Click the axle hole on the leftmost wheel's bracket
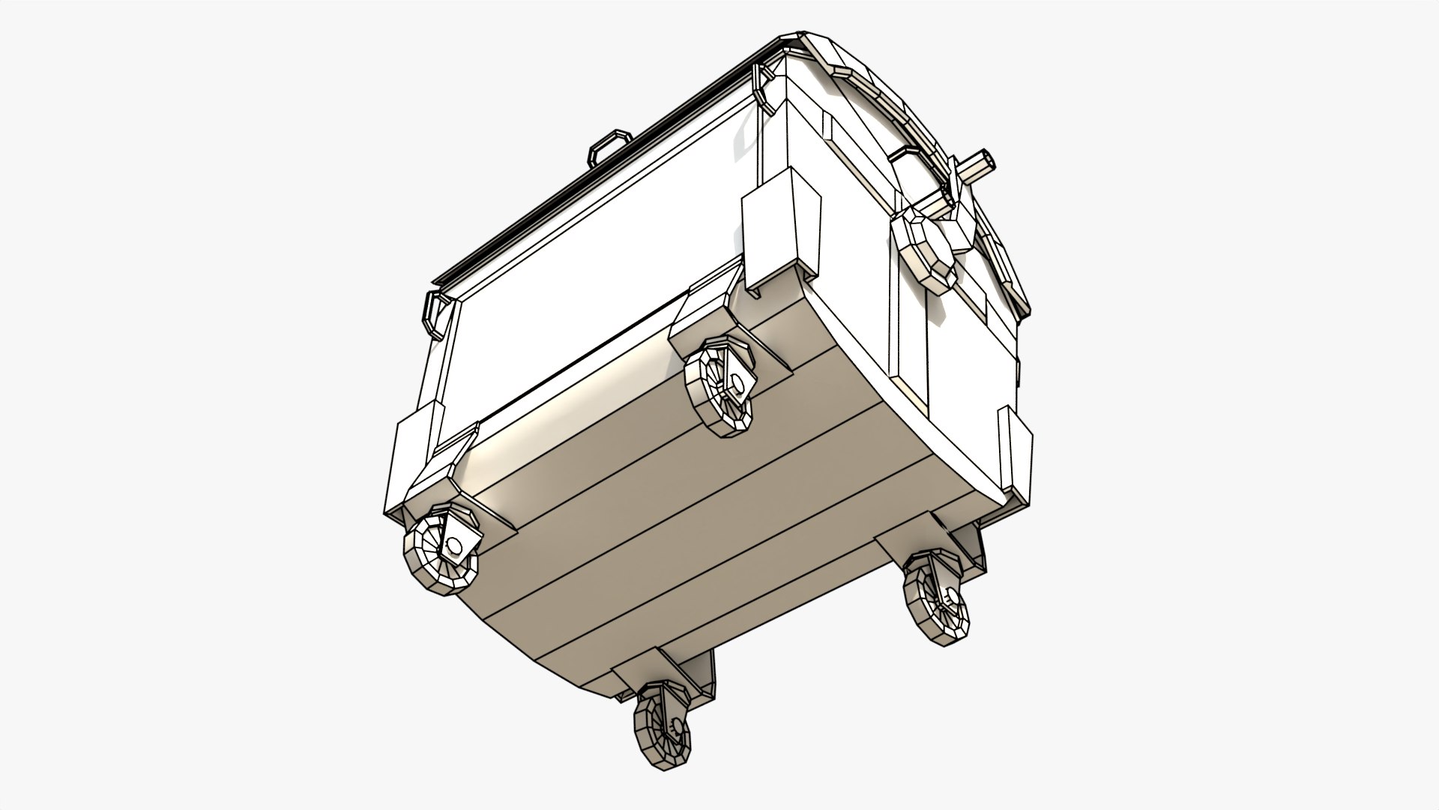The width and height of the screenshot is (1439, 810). [x=453, y=543]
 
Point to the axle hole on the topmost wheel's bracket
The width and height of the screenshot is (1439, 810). [x=737, y=384]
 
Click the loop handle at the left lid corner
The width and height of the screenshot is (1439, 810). [x=437, y=310]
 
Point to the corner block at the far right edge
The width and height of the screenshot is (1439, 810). [x=1016, y=457]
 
